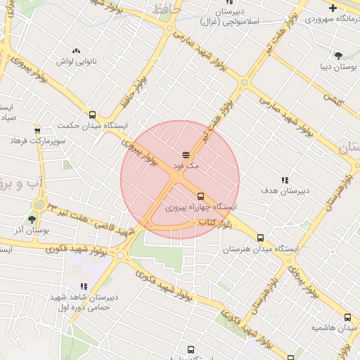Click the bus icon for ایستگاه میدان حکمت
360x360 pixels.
tap(92, 115)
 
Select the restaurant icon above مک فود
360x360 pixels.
tap(186, 154)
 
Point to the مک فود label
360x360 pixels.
tap(186, 165)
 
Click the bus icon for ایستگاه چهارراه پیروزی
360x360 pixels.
tap(200, 196)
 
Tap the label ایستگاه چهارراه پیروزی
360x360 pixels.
tap(201, 207)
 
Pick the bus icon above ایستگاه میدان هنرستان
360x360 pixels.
tap(261, 238)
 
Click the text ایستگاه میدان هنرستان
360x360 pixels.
tap(262, 249)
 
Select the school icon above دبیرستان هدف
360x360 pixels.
tap(285, 180)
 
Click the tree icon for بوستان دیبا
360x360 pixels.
tap(339, 54)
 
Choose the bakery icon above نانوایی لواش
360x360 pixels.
tap(76, 51)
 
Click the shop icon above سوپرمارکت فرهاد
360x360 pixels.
tap(37, 130)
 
